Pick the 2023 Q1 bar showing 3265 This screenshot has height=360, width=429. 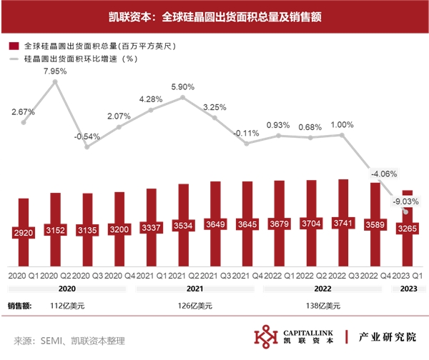(406, 228)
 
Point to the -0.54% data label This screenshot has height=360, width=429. (87, 136)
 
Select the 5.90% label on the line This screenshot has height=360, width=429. (183, 86)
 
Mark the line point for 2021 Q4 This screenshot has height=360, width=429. (247, 143)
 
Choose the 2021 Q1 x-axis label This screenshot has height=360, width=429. (151, 274)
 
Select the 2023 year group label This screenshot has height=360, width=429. (406, 289)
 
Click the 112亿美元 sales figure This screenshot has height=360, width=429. (71, 306)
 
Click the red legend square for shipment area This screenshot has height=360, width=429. (13, 45)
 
